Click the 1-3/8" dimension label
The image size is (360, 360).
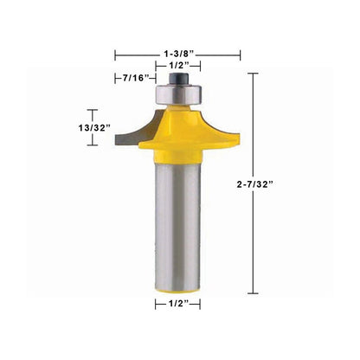click(x=178, y=54)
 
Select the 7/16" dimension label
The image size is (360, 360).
click(x=136, y=78)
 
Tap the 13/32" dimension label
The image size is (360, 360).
click(x=94, y=127)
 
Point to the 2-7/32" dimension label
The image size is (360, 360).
click(x=254, y=184)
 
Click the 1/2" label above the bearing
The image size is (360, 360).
click(x=178, y=66)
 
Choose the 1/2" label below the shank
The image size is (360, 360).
click(x=177, y=304)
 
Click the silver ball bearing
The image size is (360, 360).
click(x=178, y=93)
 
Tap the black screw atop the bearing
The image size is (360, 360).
click(x=178, y=79)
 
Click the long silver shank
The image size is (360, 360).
click(x=177, y=223)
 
